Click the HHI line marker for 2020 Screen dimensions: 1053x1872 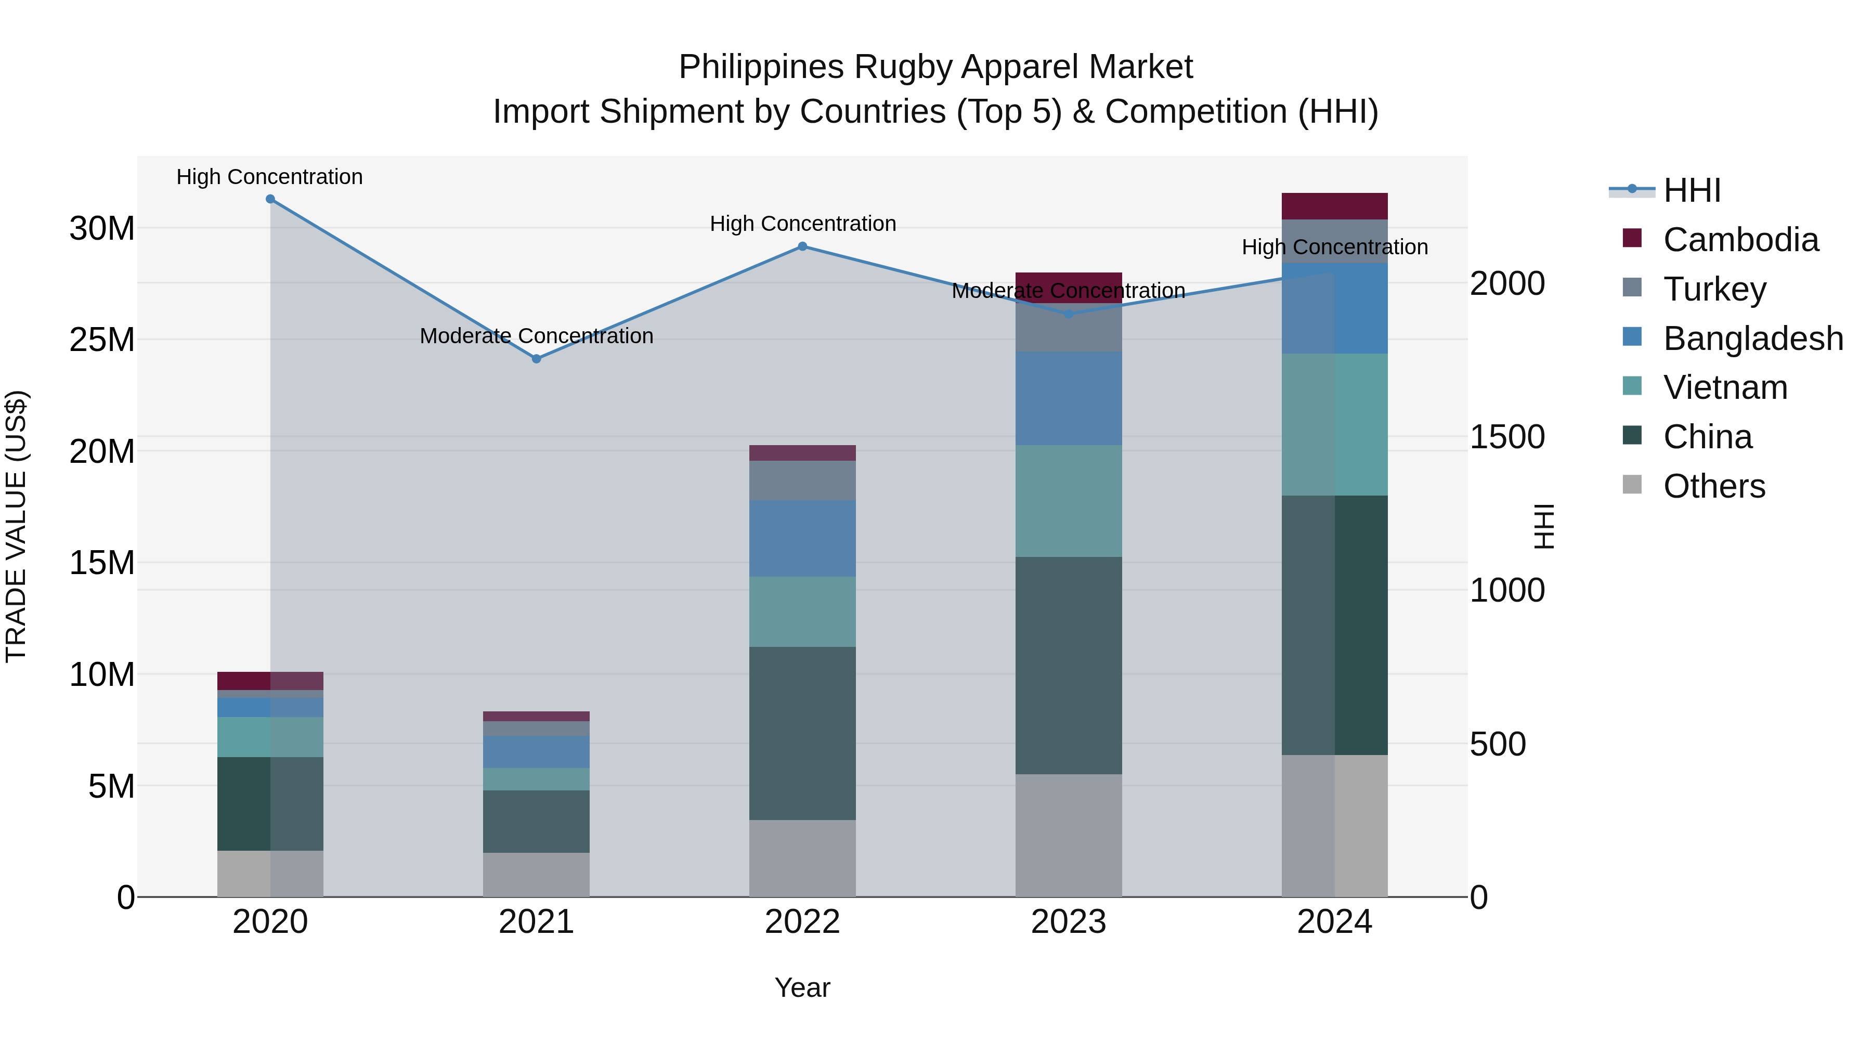pos(270,199)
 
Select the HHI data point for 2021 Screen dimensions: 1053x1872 pos(536,359)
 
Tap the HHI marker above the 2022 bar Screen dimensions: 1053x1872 pos(802,246)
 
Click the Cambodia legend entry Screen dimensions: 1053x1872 pos(1740,240)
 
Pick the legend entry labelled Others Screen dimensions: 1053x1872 pos(1713,486)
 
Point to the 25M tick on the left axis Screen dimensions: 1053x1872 pos(102,340)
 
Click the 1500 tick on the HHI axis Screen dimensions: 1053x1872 pos(1507,437)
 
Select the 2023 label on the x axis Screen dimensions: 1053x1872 pos(1068,922)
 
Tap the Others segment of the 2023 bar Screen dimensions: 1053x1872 pos(1068,835)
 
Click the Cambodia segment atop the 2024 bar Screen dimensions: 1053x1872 pos(1334,206)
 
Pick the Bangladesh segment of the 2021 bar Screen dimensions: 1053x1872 pos(536,751)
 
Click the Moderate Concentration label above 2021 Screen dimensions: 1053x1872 pos(536,336)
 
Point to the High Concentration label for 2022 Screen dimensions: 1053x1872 pos(802,224)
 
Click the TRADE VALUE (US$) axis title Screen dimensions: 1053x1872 pos(16,526)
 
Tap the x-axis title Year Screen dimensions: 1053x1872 pos(802,987)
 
